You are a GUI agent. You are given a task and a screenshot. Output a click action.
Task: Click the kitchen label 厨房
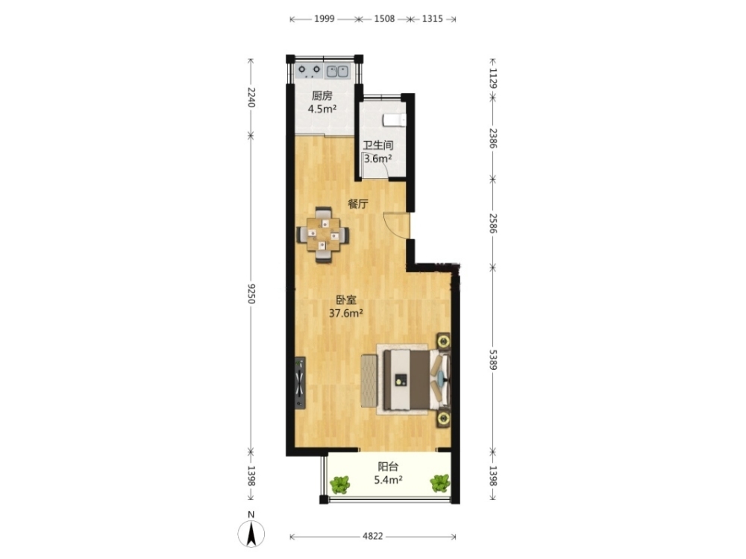322,95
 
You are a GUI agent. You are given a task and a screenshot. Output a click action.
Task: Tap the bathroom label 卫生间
378,145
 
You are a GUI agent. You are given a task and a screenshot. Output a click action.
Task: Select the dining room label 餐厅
358,204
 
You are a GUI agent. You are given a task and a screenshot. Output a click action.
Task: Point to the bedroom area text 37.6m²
346,313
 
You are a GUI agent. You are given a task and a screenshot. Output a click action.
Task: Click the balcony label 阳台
388,467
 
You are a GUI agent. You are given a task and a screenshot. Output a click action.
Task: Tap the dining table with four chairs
323,234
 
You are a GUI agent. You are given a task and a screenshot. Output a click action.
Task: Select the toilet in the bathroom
394,120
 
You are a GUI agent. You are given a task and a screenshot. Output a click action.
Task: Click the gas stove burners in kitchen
310,72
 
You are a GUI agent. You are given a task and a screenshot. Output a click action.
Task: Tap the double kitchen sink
337,72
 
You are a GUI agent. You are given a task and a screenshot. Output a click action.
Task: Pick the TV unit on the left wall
300,382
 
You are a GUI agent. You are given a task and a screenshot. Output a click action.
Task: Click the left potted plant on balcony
339,484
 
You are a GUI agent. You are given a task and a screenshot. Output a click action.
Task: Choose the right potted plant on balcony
440,484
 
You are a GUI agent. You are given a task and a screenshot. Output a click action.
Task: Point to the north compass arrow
251,534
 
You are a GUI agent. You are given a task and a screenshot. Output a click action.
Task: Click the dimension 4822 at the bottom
372,536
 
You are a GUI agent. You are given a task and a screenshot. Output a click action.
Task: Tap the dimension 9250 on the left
251,294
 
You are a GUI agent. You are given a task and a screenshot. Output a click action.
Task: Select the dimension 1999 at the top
324,19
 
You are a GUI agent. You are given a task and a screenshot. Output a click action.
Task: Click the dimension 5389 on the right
493,360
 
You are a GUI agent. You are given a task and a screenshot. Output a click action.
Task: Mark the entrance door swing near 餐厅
396,225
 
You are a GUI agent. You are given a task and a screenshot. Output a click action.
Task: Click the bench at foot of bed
369,381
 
